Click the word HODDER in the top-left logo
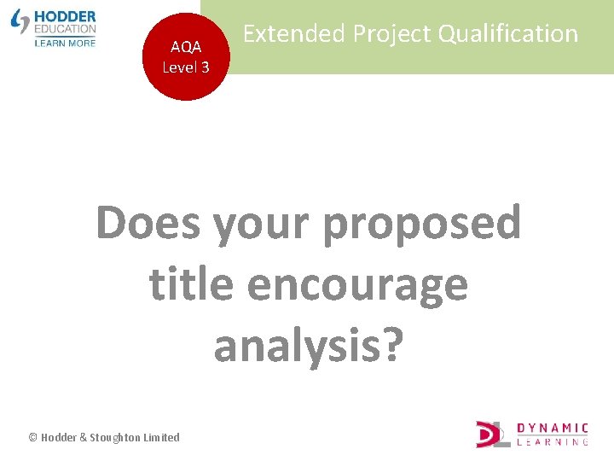(66, 16)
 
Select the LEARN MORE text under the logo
(65, 42)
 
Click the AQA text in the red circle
(186, 48)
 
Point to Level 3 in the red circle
(186, 67)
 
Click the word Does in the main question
(148, 223)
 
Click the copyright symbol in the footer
(32, 437)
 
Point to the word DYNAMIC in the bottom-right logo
(553, 428)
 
